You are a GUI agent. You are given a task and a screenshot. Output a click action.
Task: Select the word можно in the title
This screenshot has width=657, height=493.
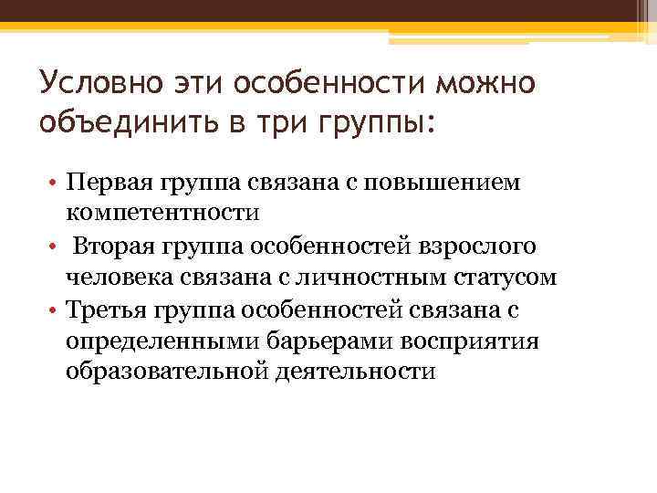488,85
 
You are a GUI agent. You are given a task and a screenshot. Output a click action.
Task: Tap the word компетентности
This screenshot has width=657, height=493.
162,214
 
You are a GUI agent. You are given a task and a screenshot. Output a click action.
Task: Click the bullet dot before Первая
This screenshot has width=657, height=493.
53,184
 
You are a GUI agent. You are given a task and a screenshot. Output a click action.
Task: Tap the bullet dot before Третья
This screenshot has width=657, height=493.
53,310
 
